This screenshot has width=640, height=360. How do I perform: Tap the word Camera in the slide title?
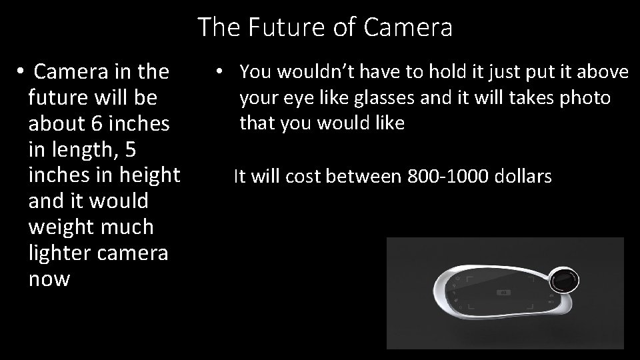coord(409,28)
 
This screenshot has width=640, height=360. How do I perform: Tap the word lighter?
coord(63,253)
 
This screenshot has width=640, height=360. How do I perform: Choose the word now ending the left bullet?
coord(49,279)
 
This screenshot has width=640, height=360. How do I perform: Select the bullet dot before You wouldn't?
coord(219,71)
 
